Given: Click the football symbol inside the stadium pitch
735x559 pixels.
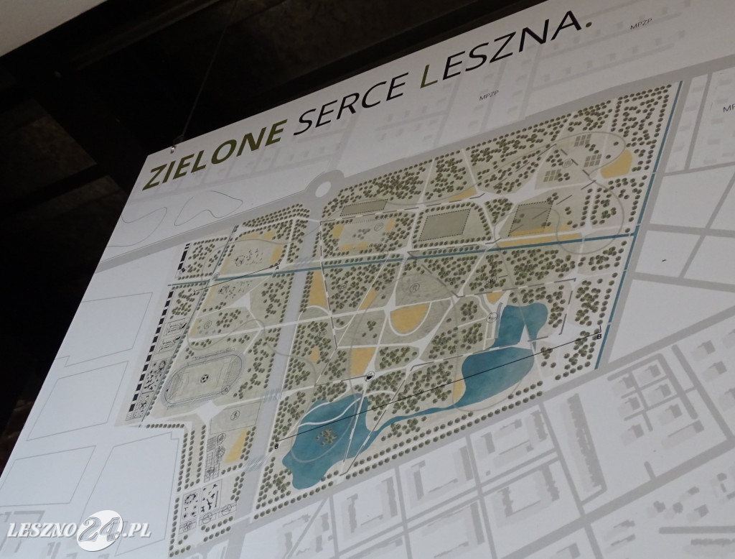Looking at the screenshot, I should click(x=203, y=375).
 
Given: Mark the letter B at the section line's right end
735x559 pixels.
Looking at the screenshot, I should click(x=599, y=335).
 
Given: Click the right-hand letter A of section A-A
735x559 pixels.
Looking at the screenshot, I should click(x=276, y=268).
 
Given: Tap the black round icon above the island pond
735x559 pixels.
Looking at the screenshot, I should click(x=369, y=376).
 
